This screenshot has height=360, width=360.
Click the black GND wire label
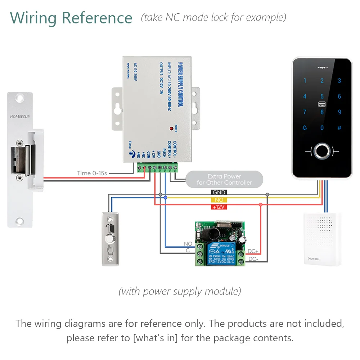click(x=219, y=193)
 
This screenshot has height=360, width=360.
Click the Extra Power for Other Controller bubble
click(x=224, y=179)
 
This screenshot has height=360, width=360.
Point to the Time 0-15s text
click(x=92, y=173)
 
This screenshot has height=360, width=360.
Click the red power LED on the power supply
click(x=171, y=128)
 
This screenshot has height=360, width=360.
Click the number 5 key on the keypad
click(x=322, y=96)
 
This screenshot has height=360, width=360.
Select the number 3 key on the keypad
click(x=339, y=81)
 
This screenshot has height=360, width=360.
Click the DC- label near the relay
click(x=253, y=259)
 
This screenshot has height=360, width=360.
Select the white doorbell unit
click(x=322, y=239)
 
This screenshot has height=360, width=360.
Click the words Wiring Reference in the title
click(x=71, y=18)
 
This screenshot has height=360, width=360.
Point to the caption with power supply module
click(x=180, y=291)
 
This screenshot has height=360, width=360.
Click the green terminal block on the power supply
click(x=157, y=167)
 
